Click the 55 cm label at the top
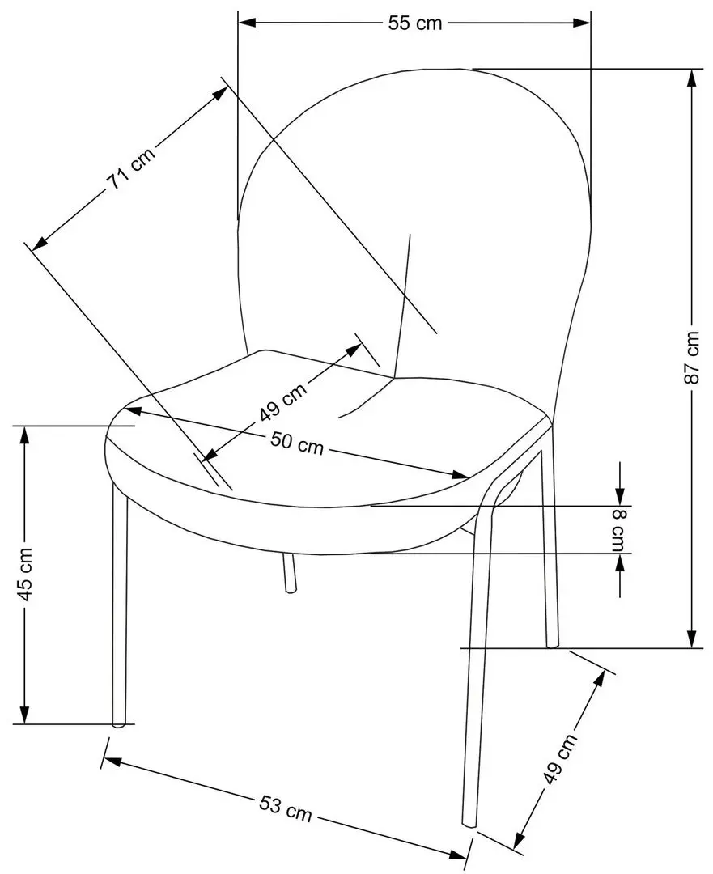414,23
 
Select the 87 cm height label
691,358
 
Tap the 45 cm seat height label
25,575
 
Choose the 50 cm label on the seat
296,443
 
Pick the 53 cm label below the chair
286,808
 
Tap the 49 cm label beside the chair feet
560,759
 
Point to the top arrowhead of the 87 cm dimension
691,78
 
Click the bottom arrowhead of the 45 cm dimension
24,715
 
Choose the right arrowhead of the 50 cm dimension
460,474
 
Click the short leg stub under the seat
288,573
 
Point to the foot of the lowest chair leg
469,823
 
